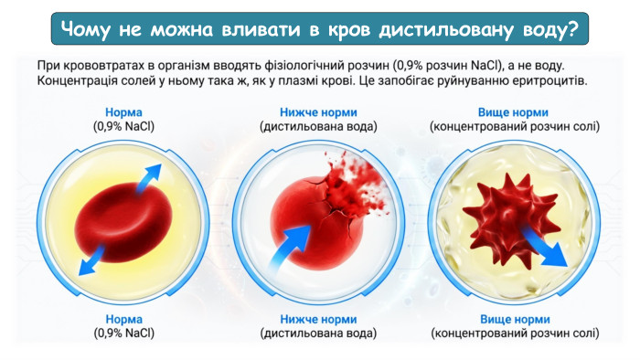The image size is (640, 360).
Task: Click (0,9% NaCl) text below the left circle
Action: tap(123, 334)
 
